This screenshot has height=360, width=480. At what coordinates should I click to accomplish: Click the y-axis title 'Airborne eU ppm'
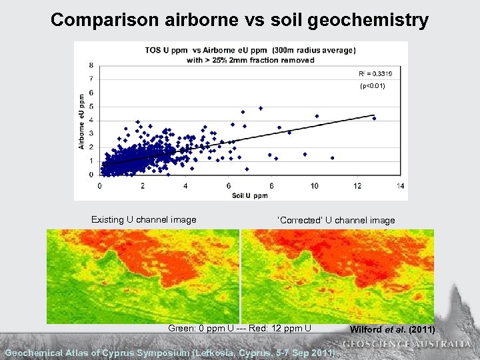click(81, 121)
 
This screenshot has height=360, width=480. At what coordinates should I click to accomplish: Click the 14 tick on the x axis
click(400, 185)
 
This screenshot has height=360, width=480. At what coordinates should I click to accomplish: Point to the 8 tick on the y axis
click(91, 65)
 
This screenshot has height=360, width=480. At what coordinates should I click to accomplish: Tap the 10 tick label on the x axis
click(314, 185)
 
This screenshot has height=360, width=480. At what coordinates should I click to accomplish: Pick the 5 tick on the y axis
click(91, 107)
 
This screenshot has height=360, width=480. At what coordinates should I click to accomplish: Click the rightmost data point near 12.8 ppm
click(374, 119)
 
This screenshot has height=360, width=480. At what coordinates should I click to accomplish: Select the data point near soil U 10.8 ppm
click(332, 158)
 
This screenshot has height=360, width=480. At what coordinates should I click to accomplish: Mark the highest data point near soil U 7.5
click(261, 108)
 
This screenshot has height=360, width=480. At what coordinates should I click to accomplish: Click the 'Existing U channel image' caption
click(143, 219)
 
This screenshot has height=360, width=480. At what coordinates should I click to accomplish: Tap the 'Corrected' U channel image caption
click(336, 220)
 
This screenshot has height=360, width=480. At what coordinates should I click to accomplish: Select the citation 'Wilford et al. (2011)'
click(392, 329)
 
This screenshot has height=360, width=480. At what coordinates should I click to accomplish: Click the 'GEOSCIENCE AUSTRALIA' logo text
click(407, 344)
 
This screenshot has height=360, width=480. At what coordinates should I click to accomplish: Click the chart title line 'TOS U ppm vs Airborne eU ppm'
click(250, 51)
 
